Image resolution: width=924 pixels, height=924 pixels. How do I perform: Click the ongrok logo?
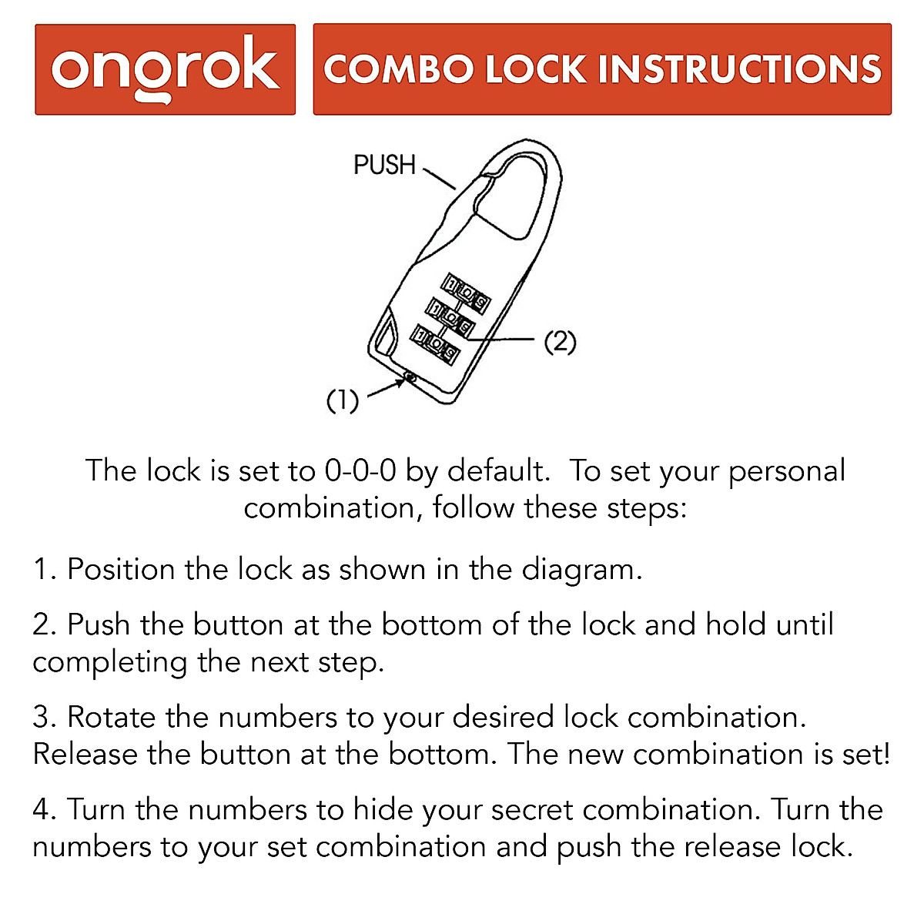coord(165,69)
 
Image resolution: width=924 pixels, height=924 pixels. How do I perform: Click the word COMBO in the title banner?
coord(397,69)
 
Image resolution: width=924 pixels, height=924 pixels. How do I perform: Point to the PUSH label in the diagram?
coord(384,165)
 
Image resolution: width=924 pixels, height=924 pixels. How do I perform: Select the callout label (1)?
coord(343,400)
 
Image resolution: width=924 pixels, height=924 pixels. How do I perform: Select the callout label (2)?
coord(560,341)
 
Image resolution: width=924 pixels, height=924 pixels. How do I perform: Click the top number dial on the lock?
coord(466,294)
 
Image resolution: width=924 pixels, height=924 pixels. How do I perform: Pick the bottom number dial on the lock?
coord(436,344)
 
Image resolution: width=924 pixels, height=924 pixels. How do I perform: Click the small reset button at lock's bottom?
coord(410,377)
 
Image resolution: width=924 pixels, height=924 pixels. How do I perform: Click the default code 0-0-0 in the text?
coord(360,470)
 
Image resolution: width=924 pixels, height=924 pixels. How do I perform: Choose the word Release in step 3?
coord(84,754)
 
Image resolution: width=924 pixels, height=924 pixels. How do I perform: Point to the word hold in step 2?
coord(735,624)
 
